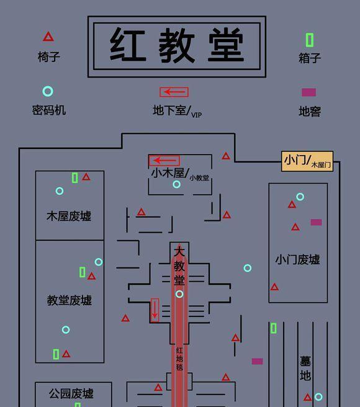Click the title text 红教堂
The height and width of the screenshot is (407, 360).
pos(177,45)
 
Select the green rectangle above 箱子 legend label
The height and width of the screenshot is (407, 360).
pos(309,40)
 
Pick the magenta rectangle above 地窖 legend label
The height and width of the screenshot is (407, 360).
pos(309,92)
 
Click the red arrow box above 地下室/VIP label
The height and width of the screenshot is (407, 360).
pos(174,92)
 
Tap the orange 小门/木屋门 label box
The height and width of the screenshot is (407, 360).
pos(307,161)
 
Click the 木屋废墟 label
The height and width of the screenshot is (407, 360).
pos(69,216)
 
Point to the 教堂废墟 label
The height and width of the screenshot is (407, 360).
pos(70,300)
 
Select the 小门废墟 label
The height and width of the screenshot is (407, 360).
pos(298,259)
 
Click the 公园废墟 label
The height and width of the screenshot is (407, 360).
pos(71,393)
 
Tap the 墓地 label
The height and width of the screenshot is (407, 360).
pos(305,369)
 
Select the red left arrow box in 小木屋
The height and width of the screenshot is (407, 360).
pos(164,161)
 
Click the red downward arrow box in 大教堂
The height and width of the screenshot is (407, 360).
pos(155,310)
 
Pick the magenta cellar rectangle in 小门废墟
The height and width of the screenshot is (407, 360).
pos(316,222)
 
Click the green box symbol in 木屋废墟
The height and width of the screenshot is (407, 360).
pos(75,178)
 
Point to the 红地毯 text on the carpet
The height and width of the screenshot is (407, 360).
pos(179,359)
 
